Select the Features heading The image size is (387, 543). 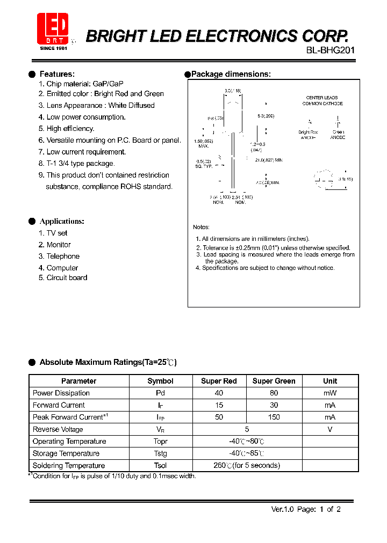coord(57,74)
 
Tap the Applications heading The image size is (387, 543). coord(62,221)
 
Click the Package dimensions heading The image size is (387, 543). coord(231,74)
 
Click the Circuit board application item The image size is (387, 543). coord(66,278)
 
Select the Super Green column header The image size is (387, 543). coord(274,381)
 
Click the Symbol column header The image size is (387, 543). coord(160,381)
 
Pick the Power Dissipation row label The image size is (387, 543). coord(61,393)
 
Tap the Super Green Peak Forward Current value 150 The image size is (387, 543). coord(274,417)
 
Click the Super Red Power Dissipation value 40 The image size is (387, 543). coord(219,393)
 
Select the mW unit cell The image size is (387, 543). coord(330,393)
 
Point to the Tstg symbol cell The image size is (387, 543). coord(160,453)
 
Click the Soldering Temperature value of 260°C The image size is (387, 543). coord(247,465)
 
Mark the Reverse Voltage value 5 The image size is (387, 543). coord(247,429)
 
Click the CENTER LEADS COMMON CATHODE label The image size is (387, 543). coord(322,100)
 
